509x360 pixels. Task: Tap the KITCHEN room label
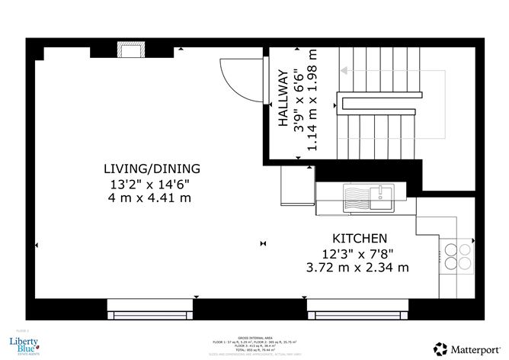pos(358,238)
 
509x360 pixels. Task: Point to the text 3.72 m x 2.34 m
pos(358,268)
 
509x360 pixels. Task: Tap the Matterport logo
pos(467,347)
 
